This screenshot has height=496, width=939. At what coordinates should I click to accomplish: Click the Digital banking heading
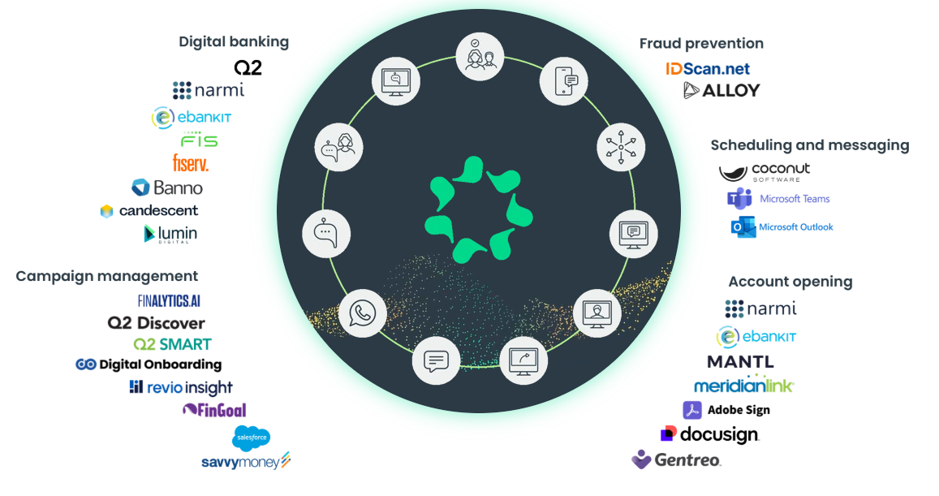(x=234, y=41)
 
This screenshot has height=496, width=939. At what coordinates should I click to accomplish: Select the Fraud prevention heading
(x=701, y=43)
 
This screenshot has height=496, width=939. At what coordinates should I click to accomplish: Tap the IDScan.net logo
(x=708, y=69)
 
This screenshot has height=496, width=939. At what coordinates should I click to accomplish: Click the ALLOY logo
(x=721, y=90)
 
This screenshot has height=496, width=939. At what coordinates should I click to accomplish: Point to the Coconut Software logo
(x=765, y=172)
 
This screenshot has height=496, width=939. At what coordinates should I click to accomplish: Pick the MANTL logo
(x=740, y=361)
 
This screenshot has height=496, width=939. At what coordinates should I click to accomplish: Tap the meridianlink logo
(x=743, y=385)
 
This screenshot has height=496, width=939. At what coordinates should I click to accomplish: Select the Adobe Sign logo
(x=726, y=410)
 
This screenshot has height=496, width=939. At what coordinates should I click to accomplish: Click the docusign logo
(x=710, y=435)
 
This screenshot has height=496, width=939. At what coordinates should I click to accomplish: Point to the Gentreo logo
(x=676, y=460)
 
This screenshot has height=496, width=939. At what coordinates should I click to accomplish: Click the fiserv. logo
(x=191, y=163)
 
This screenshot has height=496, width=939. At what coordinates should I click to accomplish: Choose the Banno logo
(x=167, y=188)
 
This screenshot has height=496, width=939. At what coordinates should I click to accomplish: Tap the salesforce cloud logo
(x=252, y=438)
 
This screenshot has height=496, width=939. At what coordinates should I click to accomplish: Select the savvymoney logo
(x=246, y=462)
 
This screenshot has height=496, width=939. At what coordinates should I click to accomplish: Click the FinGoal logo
(x=214, y=410)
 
